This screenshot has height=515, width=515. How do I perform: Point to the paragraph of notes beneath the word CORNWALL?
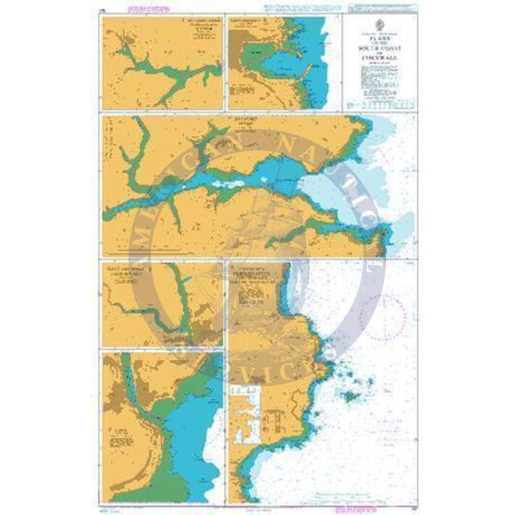click(379, 77)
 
